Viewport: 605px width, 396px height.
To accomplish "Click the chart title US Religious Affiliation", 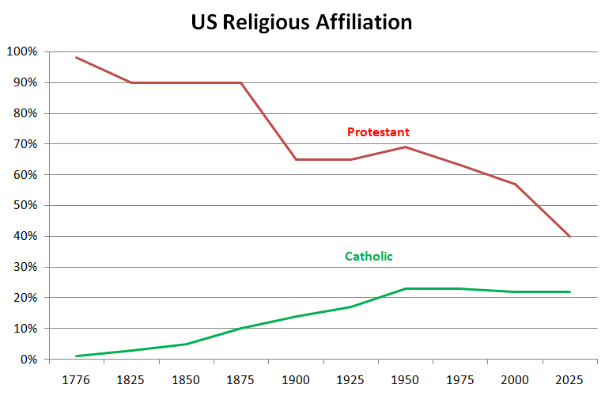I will [301, 22].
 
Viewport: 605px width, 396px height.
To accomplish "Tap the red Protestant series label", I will [378, 131].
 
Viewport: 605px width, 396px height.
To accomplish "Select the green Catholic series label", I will [369, 256].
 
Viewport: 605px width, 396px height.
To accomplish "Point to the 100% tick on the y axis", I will [21, 52].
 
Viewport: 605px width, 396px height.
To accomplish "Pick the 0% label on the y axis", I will [27, 360].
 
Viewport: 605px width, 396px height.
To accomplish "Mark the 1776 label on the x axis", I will [76, 379].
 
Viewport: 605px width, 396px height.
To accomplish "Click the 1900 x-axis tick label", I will [296, 379].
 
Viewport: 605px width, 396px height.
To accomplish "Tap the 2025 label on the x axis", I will [569, 379].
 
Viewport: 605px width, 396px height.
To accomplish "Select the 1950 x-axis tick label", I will [405, 379].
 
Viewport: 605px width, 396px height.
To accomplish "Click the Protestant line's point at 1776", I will [76, 57].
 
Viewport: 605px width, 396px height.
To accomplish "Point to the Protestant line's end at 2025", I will [569, 236].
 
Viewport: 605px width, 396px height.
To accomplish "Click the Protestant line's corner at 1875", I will [240, 82].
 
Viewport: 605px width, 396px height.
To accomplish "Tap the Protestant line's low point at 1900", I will [296, 159].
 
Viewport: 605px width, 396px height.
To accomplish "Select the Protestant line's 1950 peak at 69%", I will [405, 147].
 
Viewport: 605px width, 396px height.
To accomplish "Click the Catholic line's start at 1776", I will [76, 356].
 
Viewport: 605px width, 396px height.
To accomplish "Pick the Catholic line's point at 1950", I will [405, 288].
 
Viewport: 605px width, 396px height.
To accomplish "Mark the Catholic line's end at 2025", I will [569, 291].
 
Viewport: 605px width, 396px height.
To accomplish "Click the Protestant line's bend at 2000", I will [515, 184].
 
